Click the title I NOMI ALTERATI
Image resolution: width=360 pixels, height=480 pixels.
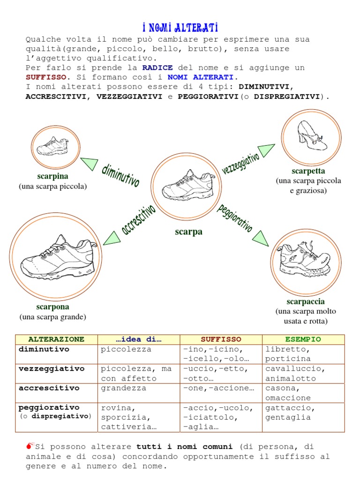click(180, 28)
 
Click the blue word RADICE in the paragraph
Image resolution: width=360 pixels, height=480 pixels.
click(157, 67)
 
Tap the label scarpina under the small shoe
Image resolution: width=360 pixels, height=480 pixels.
click(52, 176)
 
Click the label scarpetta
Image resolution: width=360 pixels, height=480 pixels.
click(308, 171)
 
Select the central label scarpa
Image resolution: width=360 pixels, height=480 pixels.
click(188, 232)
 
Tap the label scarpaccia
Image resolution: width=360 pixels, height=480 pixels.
click(306, 301)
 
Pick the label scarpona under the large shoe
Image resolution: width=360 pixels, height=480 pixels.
click(52, 307)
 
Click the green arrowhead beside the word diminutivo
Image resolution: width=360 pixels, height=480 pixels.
click(90, 164)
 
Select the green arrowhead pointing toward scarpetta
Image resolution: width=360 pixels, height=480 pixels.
click(266, 150)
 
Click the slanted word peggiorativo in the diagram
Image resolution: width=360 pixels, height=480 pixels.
click(234, 219)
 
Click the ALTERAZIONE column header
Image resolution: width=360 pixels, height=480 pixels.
click(56, 339)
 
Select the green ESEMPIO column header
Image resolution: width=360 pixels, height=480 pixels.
click(303, 339)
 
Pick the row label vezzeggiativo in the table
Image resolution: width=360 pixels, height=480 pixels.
click(52, 369)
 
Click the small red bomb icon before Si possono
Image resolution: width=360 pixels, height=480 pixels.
click(30, 446)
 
